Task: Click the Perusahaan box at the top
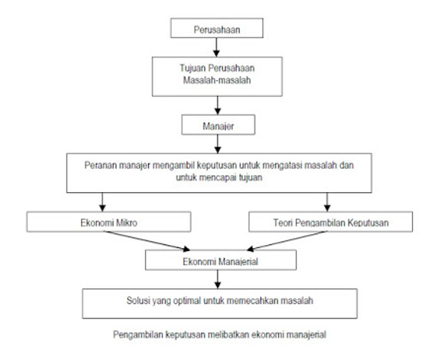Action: point(217,28)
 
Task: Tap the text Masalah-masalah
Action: point(217,80)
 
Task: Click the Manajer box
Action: point(218,125)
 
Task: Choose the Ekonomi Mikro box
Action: point(109,222)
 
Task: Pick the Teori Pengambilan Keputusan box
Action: point(330,222)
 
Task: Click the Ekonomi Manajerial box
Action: point(221,260)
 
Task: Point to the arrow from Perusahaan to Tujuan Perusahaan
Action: point(216,48)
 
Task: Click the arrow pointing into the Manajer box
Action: point(218,106)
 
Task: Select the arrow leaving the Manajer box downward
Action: point(218,144)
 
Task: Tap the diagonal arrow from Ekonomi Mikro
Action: point(147,241)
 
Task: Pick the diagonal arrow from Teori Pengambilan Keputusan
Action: point(287,241)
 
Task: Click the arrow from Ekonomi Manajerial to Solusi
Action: point(218,279)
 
